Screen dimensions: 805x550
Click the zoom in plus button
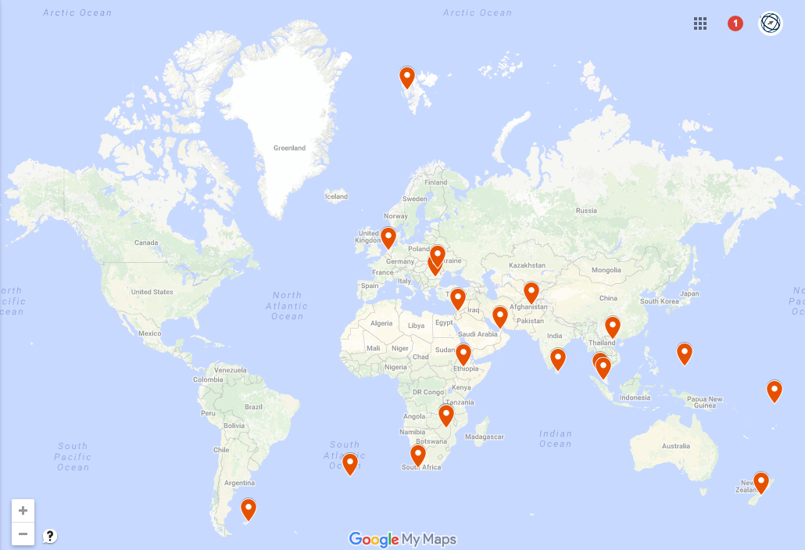coord(23,511)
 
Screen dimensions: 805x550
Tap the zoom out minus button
coord(23,534)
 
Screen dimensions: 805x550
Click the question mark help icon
coord(50,536)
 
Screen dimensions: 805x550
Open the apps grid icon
coord(700,23)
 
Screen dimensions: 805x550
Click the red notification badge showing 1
coord(735,23)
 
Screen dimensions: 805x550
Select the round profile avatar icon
coord(771,23)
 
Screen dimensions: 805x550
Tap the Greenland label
coord(289,148)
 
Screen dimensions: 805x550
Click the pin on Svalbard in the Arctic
coord(407,77)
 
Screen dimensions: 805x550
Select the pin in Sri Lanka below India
coord(557,358)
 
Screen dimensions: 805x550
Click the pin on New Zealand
coord(760,482)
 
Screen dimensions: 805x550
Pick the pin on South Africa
coord(418,455)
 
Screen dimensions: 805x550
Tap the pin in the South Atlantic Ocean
coord(350,463)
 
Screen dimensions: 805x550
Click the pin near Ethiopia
coord(463,354)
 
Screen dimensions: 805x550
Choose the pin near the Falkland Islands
coord(248,509)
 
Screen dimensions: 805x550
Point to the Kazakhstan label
coord(526,266)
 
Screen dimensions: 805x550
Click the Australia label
coord(676,446)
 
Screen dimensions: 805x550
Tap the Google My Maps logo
coord(402,539)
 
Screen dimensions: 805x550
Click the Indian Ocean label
coord(555,438)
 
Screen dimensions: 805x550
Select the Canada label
coord(146,242)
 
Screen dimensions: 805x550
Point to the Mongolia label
coord(606,270)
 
